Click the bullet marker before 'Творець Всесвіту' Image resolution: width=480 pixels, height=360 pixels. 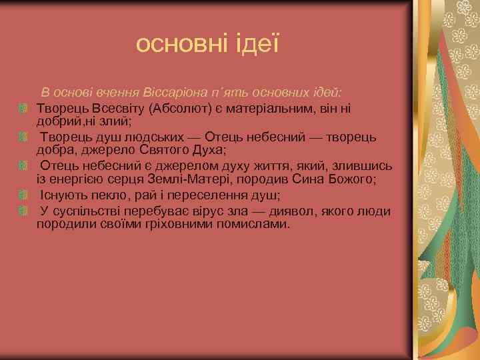point(23,107)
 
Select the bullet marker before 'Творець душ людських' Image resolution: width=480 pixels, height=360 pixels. point(23,137)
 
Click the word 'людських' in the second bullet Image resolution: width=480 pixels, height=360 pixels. point(155,137)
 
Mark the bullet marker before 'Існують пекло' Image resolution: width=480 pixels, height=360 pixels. point(23,195)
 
